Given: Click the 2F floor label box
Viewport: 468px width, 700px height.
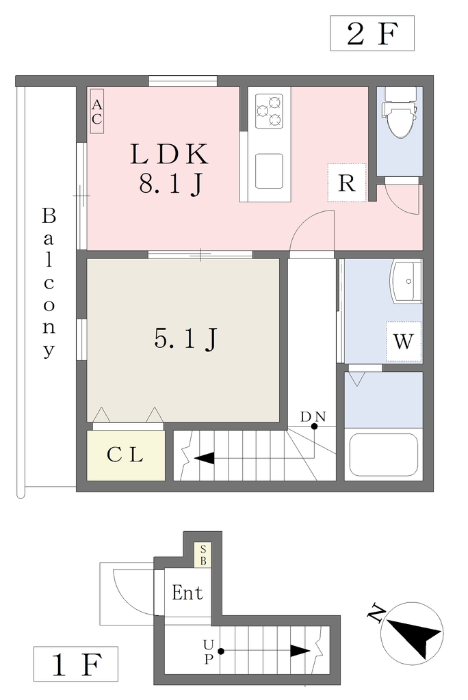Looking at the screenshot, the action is pyautogui.click(x=372, y=33).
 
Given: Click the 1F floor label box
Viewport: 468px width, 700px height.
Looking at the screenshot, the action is pyautogui.click(x=76, y=663).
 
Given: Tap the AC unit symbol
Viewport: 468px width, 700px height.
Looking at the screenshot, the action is pyautogui.click(x=97, y=111).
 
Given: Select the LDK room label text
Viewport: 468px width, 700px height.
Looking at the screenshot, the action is pyautogui.click(x=169, y=154).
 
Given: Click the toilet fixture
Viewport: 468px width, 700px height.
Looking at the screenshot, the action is pyautogui.click(x=400, y=115).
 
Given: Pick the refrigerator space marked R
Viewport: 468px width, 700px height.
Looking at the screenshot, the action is pyautogui.click(x=347, y=183).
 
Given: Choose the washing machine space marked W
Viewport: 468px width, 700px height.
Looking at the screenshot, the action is pyautogui.click(x=404, y=342).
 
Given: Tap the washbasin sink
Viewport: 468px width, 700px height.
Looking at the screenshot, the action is pyautogui.click(x=406, y=282).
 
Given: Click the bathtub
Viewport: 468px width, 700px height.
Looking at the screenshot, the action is pyautogui.click(x=384, y=455).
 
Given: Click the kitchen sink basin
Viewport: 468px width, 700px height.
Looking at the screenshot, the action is pyautogui.click(x=269, y=172).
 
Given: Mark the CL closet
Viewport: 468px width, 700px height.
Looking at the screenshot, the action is pyautogui.click(x=126, y=455).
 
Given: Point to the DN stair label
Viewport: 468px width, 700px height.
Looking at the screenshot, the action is pyautogui.click(x=313, y=416).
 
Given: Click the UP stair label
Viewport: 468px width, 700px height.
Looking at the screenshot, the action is pyautogui.click(x=209, y=651).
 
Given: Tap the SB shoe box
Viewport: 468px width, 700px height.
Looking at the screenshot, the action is pyautogui.click(x=203, y=555).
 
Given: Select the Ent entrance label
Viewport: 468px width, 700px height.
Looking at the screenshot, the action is pyautogui.click(x=187, y=593).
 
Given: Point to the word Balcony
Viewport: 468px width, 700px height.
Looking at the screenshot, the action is pyautogui.click(x=49, y=282).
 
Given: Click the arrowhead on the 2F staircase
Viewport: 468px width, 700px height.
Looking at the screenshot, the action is pyautogui.click(x=204, y=458).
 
